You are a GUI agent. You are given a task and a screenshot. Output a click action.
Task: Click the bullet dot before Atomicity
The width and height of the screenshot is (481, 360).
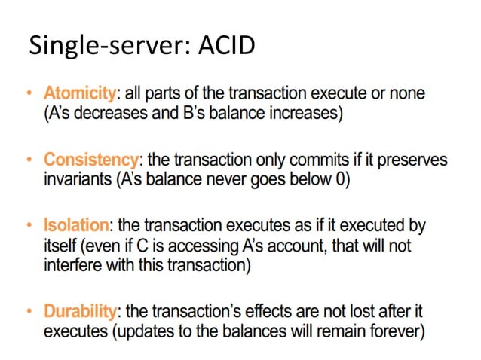[x=29, y=94]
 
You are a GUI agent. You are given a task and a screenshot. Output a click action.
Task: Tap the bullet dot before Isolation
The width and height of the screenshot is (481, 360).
[x=29, y=226]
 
